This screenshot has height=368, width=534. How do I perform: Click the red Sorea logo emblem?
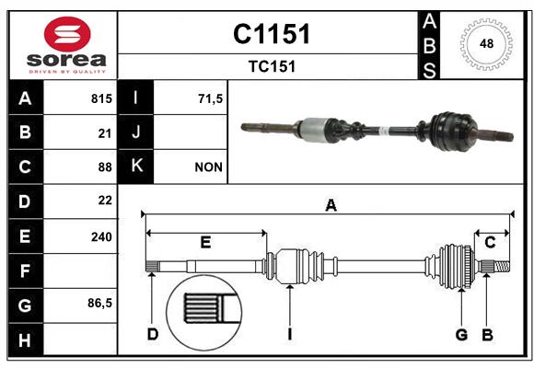click(x=67, y=34)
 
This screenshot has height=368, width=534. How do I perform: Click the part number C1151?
click(x=272, y=34)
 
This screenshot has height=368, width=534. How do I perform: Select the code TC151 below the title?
click(x=272, y=66)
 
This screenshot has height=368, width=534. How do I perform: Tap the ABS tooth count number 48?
click(x=486, y=43)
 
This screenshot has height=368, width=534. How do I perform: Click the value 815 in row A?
click(x=101, y=98)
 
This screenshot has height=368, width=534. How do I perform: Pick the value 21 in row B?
click(x=105, y=133)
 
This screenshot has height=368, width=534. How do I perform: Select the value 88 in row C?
click(x=105, y=167)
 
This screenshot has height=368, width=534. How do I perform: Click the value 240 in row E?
click(x=101, y=236)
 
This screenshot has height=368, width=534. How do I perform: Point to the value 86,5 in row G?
click(x=99, y=303)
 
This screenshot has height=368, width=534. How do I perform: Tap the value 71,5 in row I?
click(x=210, y=98)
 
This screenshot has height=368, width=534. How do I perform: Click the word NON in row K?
click(x=208, y=167)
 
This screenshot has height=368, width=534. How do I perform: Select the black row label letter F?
click(x=25, y=271)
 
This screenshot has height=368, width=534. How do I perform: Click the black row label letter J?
click(x=136, y=132)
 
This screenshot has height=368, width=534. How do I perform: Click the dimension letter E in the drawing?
click(x=205, y=242)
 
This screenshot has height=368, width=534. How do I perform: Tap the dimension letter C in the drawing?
click(x=490, y=242)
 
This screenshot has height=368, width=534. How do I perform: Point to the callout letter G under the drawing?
click(x=461, y=335)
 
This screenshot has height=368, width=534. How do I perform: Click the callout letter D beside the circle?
click(x=153, y=334)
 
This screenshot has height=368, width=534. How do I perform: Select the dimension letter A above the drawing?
click(x=331, y=205)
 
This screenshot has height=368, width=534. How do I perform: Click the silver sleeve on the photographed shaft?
click(x=314, y=129)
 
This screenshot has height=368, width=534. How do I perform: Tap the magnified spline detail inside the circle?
click(x=210, y=308)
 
